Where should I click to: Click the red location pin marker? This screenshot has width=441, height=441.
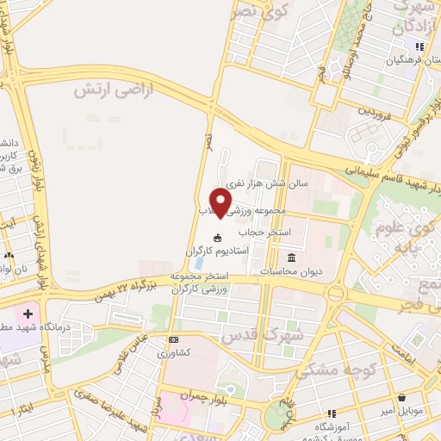point(221,202)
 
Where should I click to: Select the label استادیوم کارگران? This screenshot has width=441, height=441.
point(218,250)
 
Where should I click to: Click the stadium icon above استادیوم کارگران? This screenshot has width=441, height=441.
point(218,238)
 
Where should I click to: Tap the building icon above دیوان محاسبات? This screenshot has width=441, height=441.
point(291,258)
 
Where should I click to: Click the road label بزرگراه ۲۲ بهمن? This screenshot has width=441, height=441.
point(127,287)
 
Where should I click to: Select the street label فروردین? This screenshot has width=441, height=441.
point(376,111)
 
